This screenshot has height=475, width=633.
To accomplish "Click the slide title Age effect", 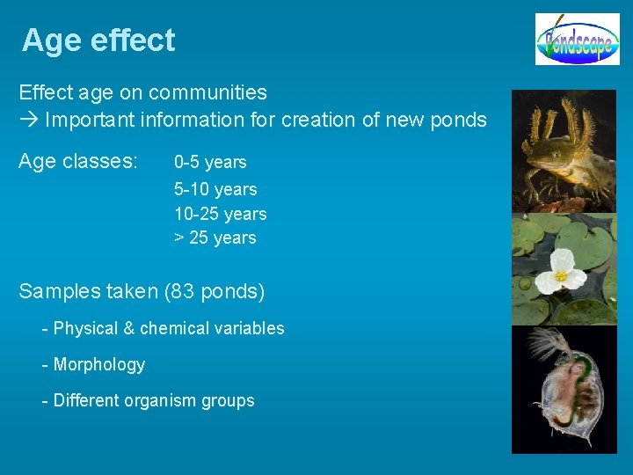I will click(x=98, y=40).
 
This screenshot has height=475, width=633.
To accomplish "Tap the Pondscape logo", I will click(x=578, y=40).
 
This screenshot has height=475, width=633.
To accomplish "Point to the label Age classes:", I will click(x=78, y=162).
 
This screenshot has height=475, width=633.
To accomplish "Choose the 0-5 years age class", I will click(x=210, y=163).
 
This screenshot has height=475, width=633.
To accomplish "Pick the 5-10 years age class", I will click(x=215, y=189).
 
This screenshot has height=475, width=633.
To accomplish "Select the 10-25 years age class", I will click(x=220, y=214).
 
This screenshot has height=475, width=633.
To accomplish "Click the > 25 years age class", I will click(x=215, y=237).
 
